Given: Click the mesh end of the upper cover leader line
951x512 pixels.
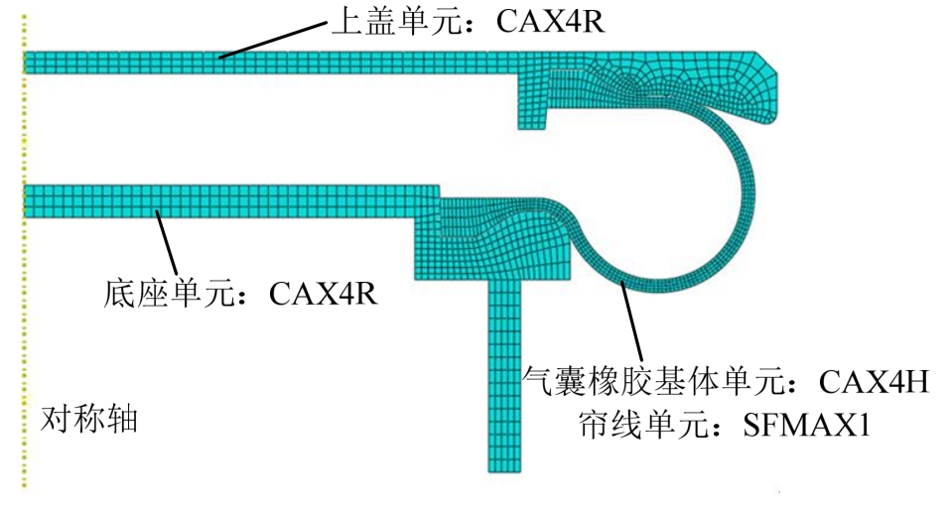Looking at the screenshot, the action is click(220, 58).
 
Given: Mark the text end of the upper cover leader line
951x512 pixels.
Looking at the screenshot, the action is click(327, 24).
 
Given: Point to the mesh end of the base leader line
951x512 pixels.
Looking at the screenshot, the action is click(157, 211).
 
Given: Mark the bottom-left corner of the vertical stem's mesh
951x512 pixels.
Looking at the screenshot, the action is click(488, 472).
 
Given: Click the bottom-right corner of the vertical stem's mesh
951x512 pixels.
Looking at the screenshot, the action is click(521, 472).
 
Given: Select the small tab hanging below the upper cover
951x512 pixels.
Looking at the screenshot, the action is click(532, 101).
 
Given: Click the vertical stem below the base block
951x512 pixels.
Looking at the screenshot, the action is click(504, 376).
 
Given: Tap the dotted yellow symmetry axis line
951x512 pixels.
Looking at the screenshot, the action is click(24, 251).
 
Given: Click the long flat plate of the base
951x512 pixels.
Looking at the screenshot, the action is click(231, 201).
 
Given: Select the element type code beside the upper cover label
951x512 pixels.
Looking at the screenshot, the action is click(550, 22).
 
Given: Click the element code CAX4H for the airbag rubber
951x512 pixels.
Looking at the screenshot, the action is click(874, 382).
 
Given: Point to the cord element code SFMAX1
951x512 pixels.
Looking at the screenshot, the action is click(807, 425).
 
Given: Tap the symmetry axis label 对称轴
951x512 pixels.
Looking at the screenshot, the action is click(89, 419).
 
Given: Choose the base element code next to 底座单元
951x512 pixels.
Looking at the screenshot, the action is click(323, 294).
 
